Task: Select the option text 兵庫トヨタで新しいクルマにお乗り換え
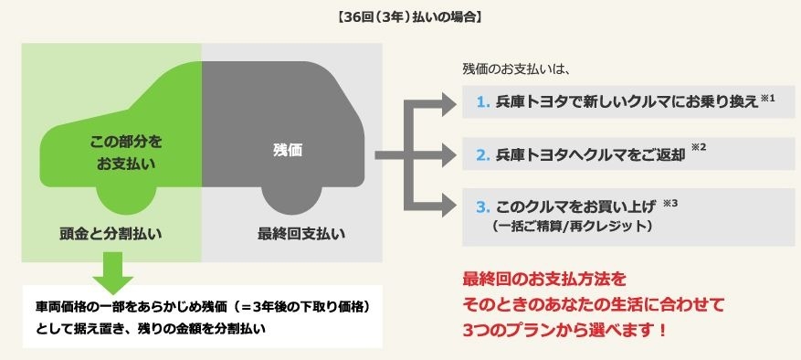click(626, 102)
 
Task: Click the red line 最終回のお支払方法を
click(546, 277)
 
